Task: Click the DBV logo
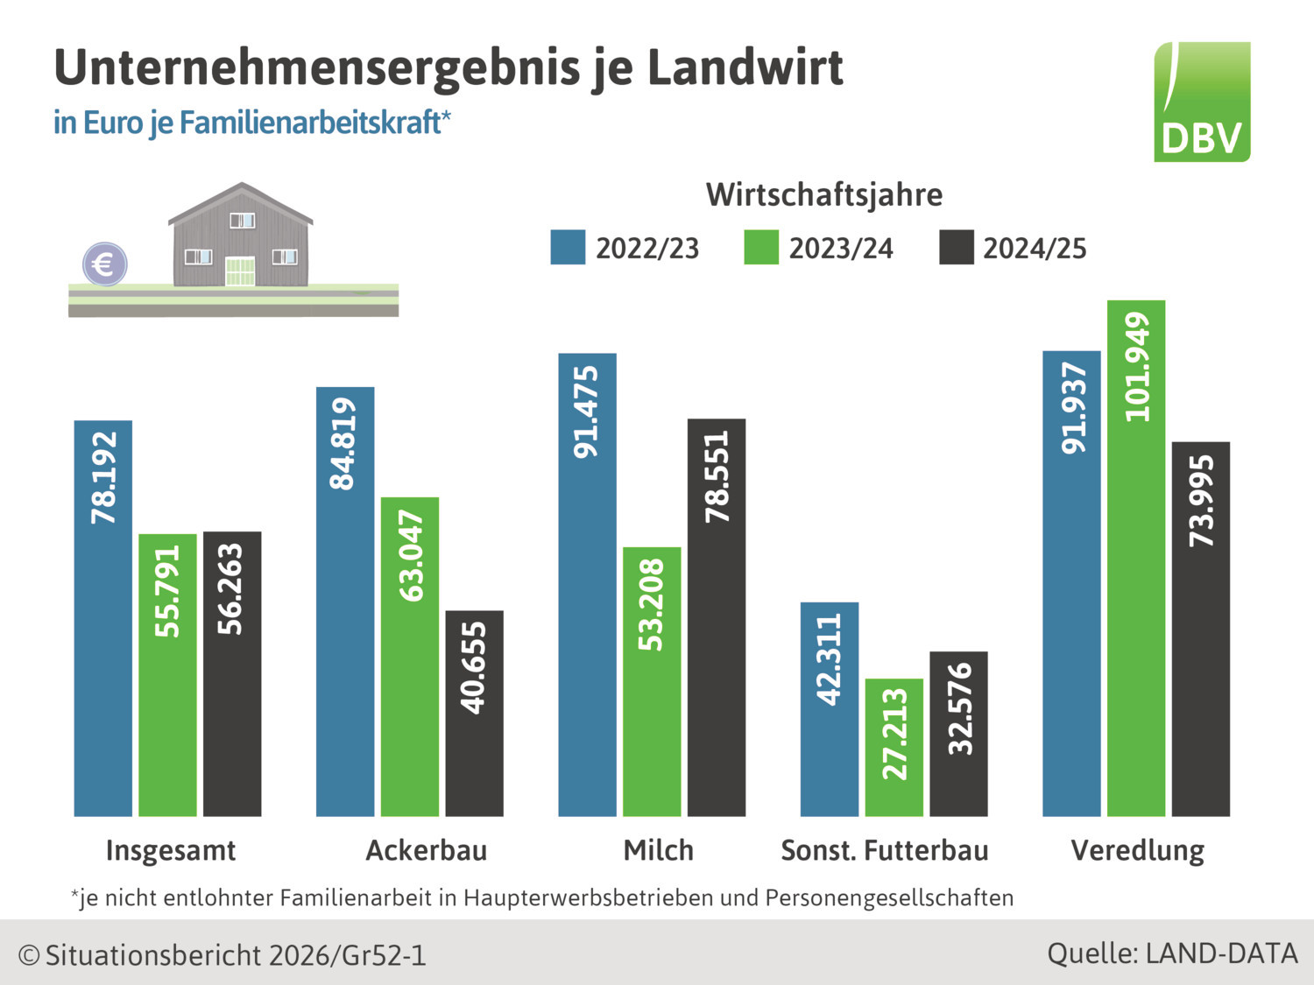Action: [1202, 102]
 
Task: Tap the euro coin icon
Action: [105, 264]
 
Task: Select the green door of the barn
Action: [240, 271]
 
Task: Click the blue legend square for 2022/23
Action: [568, 248]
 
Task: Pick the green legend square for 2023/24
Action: [761, 248]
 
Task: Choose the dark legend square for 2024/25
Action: [956, 248]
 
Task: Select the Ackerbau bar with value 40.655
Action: [474, 713]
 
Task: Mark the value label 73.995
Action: [1201, 501]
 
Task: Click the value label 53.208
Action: [652, 605]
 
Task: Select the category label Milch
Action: [658, 850]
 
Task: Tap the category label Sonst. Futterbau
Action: [884, 850]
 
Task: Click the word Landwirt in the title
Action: [745, 67]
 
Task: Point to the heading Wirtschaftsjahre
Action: [824, 194]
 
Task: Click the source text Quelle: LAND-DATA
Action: [1172, 953]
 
